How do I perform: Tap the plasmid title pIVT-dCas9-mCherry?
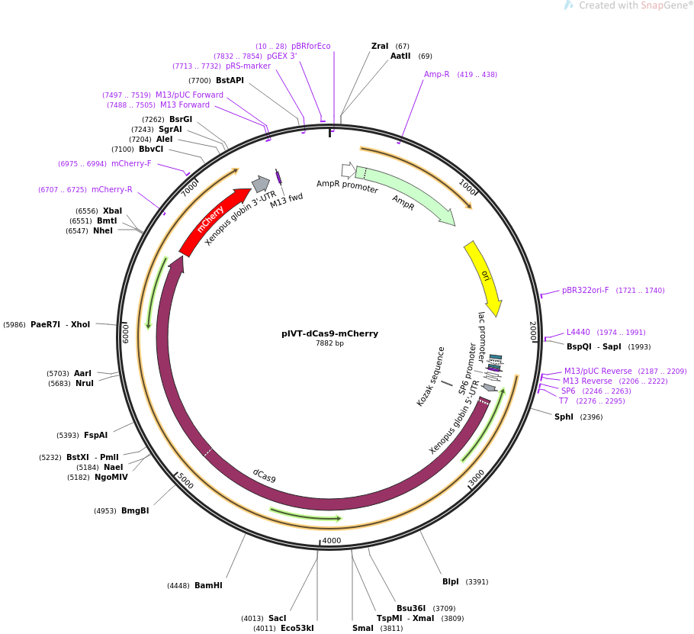(329, 333)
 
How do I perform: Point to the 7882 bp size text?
(329, 343)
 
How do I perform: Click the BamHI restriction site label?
(208, 585)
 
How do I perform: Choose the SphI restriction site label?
(564, 417)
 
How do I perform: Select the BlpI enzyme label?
(451, 581)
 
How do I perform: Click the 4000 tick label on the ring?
(332, 540)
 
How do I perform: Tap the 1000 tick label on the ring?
(467, 187)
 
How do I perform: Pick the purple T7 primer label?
(564, 401)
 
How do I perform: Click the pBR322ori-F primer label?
(585, 290)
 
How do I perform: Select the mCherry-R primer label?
(112, 189)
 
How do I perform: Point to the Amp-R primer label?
(436, 74)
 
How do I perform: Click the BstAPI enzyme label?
(230, 80)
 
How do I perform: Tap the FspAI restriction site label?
(95, 435)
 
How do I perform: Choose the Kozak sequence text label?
(431, 376)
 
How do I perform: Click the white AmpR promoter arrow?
(349, 170)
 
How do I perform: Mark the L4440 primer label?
(578, 332)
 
